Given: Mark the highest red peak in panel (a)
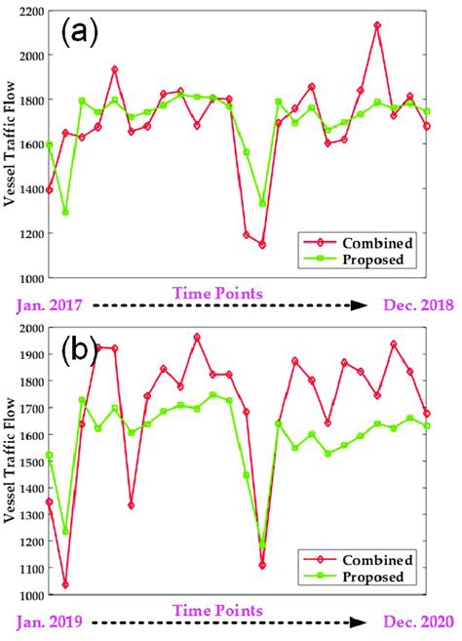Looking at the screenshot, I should (377, 25).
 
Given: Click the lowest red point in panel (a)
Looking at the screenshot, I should (262, 244).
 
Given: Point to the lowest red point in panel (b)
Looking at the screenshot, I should (65, 584).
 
